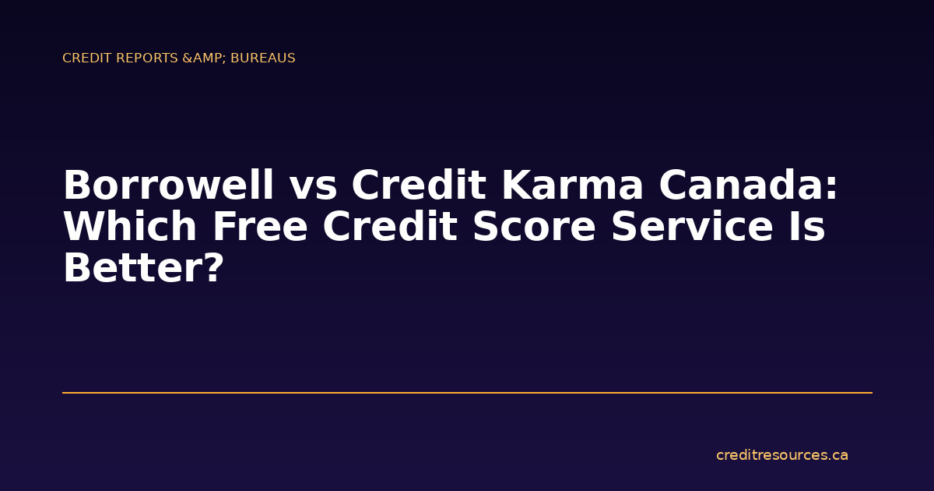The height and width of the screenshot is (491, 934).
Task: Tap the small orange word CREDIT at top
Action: click(x=85, y=58)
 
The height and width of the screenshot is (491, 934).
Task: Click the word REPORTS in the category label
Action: click(x=146, y=58)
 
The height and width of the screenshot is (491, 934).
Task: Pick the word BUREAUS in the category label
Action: click(x=263, y=58)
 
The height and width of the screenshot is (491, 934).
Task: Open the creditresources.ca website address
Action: click(x=781, y=455)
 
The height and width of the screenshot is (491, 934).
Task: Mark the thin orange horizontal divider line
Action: click(x=467, y=393)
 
